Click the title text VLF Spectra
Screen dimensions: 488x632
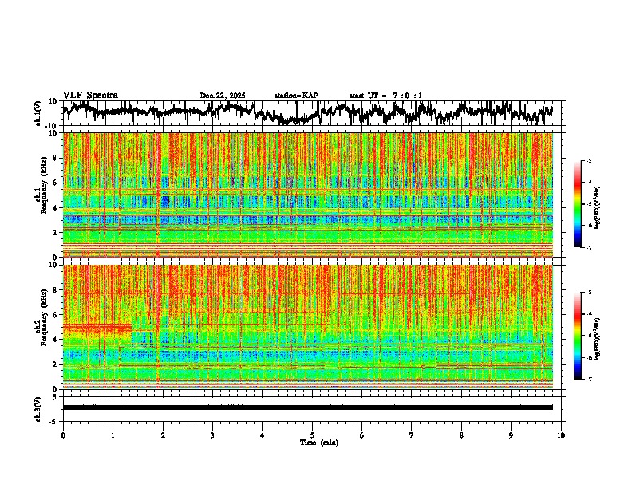pos(90,96)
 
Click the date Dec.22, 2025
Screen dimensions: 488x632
pos(223,96)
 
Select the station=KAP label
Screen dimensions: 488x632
pos(296,96)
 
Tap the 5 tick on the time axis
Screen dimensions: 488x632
pos(312,435)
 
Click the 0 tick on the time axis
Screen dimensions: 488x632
pos(63,435)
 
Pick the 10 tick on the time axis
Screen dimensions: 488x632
pos(561,435)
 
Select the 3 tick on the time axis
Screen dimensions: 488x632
pos(212,435)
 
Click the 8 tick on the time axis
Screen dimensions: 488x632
pos(461,435)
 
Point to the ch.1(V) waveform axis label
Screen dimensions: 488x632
pos(38,113)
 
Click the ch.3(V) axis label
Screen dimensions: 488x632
pos(38,407)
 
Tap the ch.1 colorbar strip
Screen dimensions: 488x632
pos(579,204)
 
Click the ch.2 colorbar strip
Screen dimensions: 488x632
pos(579,336)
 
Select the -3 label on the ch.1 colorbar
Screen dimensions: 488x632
pos(589,162)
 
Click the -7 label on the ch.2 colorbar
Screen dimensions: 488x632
pos(589,380)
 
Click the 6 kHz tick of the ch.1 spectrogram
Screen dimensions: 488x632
pos(57,183)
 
